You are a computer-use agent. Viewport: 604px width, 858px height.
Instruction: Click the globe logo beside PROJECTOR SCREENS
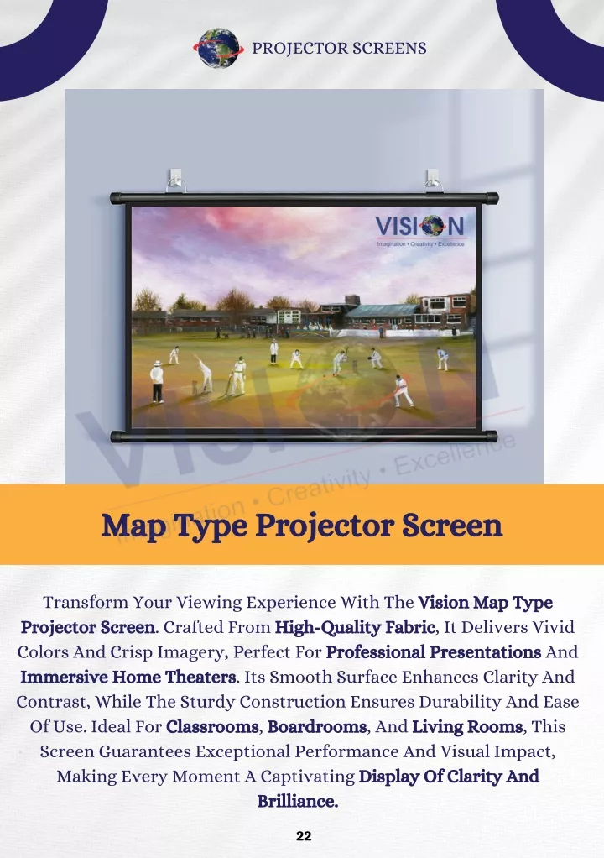click(x=219, y=48)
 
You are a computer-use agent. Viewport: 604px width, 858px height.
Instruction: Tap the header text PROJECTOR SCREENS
click(x=339, y=48)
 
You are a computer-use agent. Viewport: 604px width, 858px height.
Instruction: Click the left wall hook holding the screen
click(x=175, y=180)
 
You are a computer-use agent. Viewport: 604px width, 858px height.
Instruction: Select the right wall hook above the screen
click(x=433, y=180)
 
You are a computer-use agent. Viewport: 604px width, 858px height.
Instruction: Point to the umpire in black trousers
click(x=157, y=381)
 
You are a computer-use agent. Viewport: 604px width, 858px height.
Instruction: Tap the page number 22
click(x=304, y=835)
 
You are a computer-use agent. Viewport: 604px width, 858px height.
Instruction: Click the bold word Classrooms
click(x=212, y=727)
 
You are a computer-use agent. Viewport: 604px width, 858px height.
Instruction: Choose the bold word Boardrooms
click(x=317, y=727)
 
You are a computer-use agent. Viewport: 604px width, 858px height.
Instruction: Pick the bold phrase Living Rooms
click(x=467, y=727)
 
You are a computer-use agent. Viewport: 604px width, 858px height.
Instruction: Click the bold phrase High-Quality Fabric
click(x=355, y=627)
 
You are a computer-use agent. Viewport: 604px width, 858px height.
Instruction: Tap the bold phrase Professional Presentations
click(x=434, y=652)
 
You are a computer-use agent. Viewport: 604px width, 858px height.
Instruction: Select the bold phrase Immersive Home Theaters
click(x=128, y=677)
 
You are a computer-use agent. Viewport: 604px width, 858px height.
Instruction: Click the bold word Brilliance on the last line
click(x=298, y=801)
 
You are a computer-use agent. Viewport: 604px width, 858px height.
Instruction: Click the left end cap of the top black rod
click(x=116, y=198)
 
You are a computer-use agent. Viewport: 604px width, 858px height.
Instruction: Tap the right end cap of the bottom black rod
click(x=491, y=437)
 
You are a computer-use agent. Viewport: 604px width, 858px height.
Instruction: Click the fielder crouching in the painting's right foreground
click(x=403, y=390)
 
